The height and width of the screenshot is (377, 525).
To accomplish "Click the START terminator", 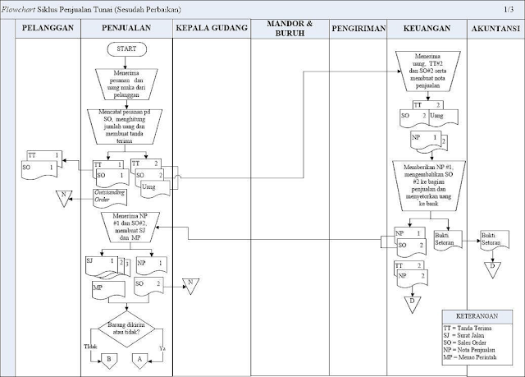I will coord(126,48).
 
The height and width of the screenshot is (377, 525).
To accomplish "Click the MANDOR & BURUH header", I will coord(290,28).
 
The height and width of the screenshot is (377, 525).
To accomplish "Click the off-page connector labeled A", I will coord(138,358).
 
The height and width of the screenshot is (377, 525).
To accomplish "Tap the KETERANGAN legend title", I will coord(478,316).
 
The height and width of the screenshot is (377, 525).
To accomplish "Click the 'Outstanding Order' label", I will coord(109,195).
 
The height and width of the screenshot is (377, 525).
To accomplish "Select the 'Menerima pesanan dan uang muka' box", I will coord(126,82).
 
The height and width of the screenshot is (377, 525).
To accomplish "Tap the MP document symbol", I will coord(105,289).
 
